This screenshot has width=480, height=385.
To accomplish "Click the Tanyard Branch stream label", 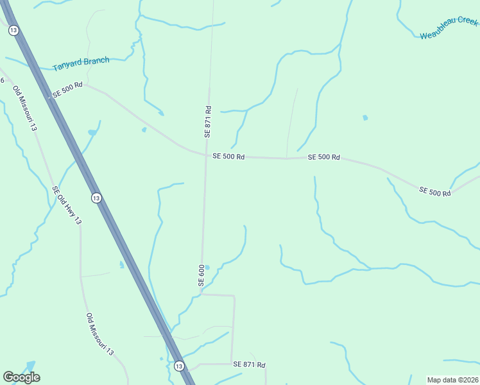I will tap(81, 63).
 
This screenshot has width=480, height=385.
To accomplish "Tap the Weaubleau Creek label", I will tap(449, 29).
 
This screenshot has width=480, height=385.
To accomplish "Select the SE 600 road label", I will tap(201, 275).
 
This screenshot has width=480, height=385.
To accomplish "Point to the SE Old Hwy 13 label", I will tap(67, 205).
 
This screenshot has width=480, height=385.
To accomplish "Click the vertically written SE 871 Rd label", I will tap(207, 121).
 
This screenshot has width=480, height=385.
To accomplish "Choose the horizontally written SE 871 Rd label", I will tap(249, 364).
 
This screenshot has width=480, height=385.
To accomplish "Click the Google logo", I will tap(21, 377).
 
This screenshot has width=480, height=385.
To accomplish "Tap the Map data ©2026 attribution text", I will tap(453, 380).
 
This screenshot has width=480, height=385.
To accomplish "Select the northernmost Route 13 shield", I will tap(13, 30).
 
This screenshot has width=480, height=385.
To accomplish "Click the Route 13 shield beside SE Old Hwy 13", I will tap(96, 198).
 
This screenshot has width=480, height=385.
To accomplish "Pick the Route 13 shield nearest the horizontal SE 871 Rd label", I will tap(178, 366).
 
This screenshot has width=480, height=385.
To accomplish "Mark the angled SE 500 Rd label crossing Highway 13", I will tap(67, 89).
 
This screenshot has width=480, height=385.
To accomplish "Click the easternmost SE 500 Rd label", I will tap(435, 191).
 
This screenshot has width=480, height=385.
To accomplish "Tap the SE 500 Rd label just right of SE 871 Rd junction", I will tap(228, 156).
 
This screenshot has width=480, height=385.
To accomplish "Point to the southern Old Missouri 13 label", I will tap(99, 334).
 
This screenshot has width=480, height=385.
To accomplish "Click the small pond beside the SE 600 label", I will tap(207, 268).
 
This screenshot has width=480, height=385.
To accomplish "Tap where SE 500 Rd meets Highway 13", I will tap(50, 97).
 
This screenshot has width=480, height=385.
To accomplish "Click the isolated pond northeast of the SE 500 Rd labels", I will tap(365, 117).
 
